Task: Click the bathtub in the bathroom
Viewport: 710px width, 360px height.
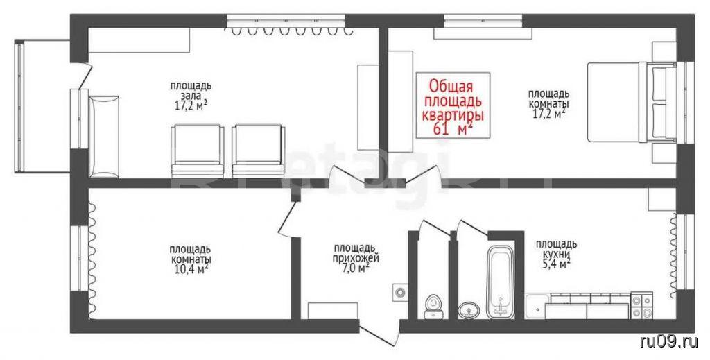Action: tap(500, 282)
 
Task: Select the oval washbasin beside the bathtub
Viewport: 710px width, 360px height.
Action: tap(468, 311)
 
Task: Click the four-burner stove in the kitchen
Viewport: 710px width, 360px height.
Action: tap(641, 306)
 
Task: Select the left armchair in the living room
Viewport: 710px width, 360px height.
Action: tap(198, 151)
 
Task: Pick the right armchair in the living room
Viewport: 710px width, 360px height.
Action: tap(259, 151)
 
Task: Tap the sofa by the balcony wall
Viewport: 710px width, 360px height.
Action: tap(104, 137)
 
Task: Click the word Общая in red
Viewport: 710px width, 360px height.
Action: tap(451, 85)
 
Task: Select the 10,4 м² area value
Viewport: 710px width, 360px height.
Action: tap(189, 269)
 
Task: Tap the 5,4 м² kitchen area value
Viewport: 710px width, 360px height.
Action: tap(554, 264)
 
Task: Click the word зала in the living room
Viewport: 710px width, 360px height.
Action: tap(190, 96)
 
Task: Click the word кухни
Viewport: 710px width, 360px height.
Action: tap(555, 254)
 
